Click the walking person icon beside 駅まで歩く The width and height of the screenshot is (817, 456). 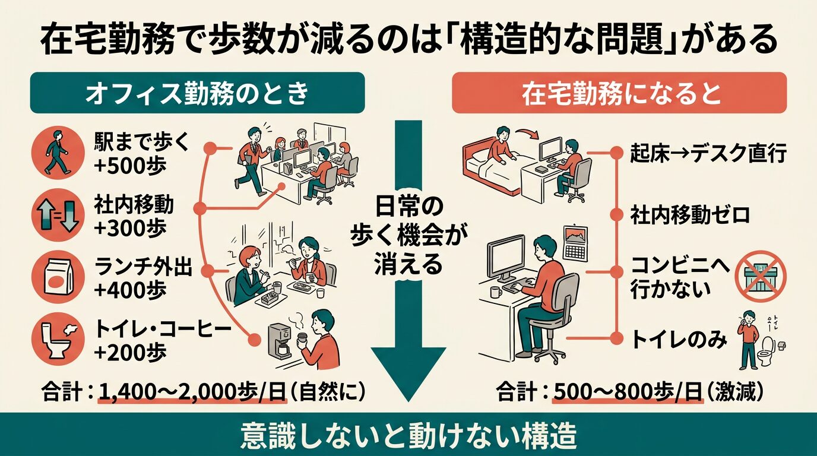point(57,153)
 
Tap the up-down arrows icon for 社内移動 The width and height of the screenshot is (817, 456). point(57,216)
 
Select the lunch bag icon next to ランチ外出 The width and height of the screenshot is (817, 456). point(57,277)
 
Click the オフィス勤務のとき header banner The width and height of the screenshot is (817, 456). point(197,93)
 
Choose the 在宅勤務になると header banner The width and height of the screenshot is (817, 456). point(619,93)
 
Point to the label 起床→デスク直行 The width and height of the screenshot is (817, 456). point(708,154)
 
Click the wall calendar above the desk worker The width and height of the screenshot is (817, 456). point(574,243)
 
